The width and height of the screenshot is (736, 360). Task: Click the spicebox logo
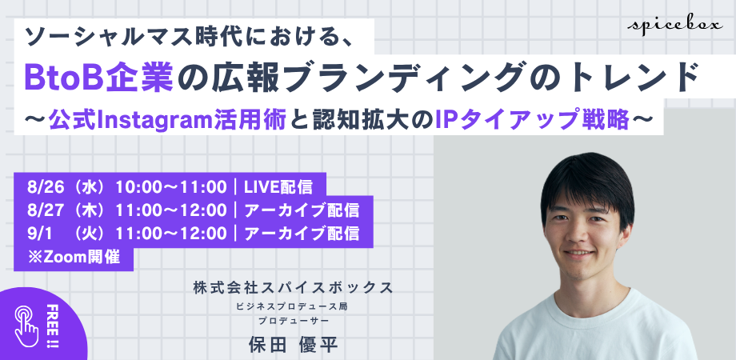tap(675, 26)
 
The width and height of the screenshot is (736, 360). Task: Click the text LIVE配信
tap(278, 187)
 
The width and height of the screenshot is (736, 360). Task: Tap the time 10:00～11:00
tap(171, 187)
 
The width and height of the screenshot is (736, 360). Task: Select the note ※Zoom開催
tap(74, 257)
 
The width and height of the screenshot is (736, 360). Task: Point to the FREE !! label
tap(52, 326)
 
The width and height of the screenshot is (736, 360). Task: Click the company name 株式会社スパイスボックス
tap(293, 287)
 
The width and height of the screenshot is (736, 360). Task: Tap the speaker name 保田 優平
tap(293, 345)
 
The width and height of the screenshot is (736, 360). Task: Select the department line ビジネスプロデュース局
tap(293, 308)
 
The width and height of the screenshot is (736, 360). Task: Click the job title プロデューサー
tap(293, 321)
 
